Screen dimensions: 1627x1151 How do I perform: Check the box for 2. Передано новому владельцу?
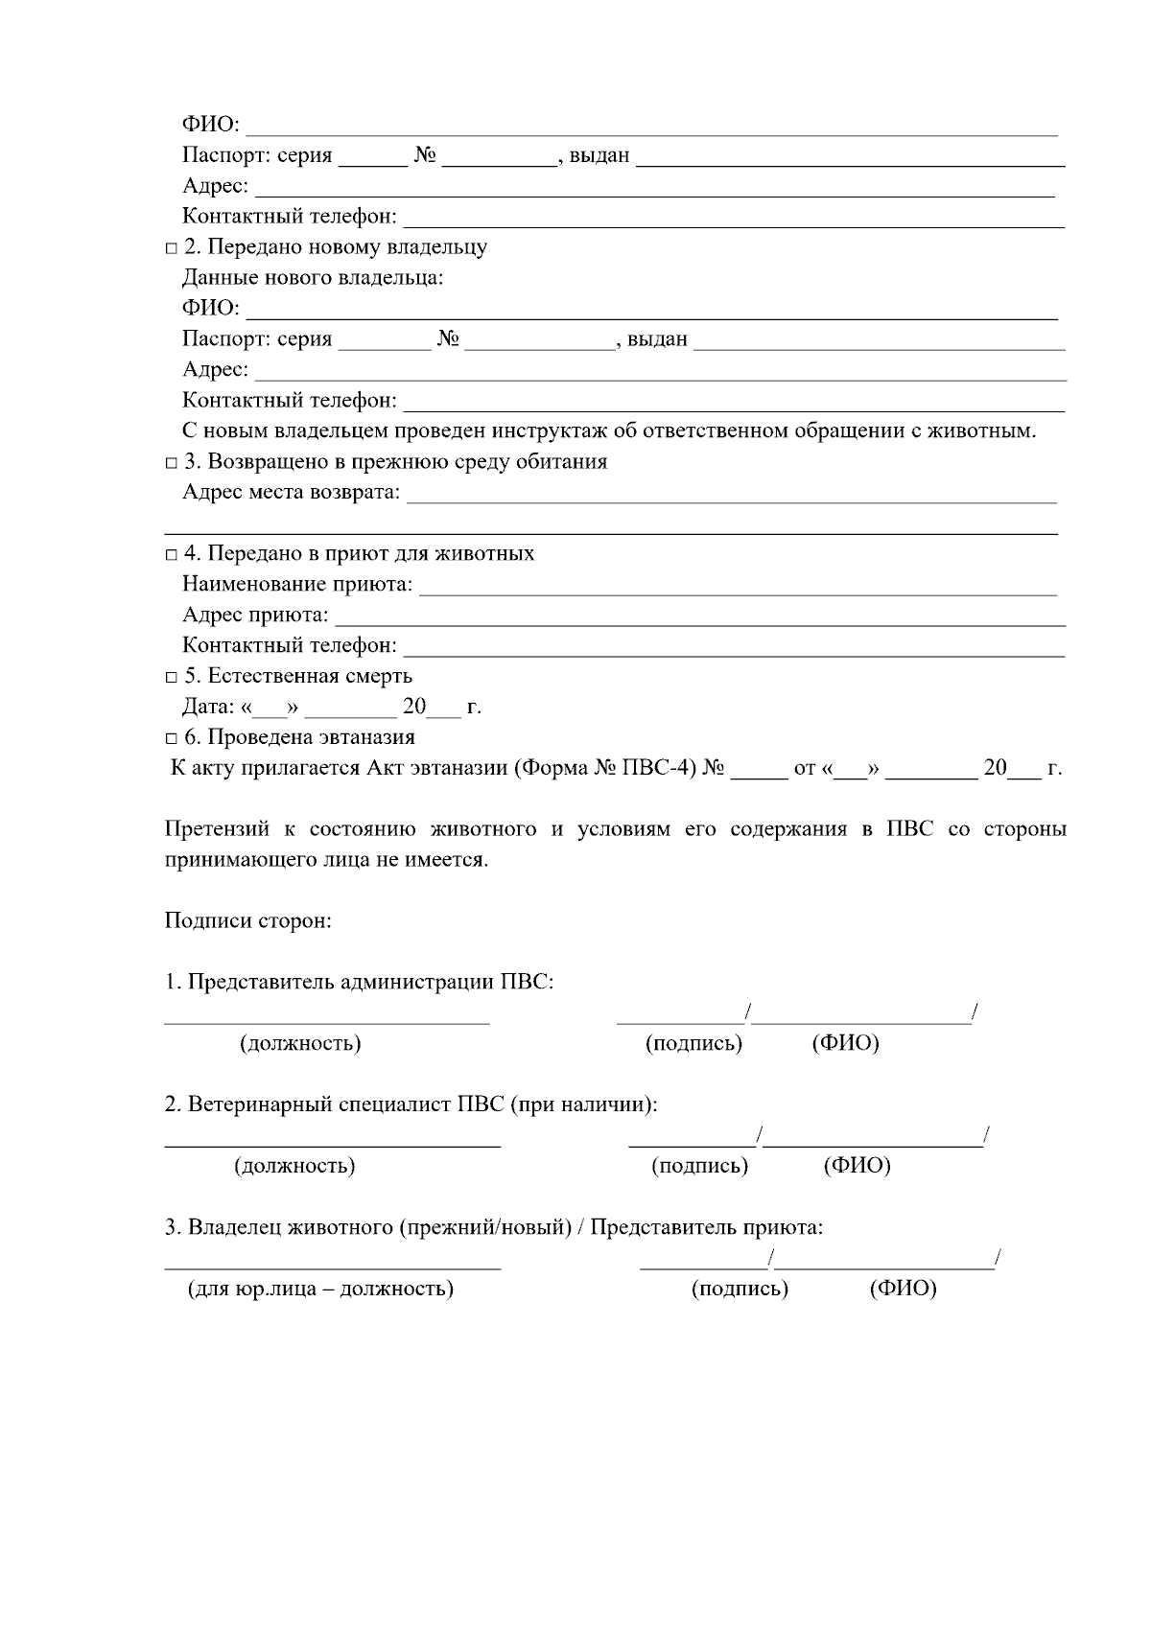[171, 249]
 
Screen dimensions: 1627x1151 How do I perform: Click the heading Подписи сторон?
[247, 921]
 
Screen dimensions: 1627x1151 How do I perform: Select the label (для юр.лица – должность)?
[320, 1289]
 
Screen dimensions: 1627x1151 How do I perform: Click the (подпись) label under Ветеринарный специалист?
[699, 1166]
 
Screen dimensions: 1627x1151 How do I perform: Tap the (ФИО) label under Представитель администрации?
[845, 1043]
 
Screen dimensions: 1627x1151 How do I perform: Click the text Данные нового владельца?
[313, 278]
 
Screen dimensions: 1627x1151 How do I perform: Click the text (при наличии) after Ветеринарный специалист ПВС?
[583, 1104]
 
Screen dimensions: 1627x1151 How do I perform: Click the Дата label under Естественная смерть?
[207, 708]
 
